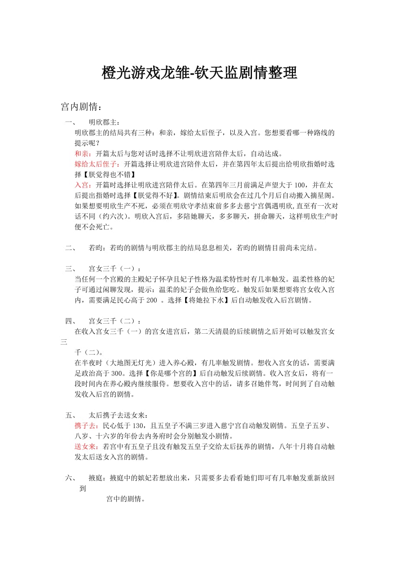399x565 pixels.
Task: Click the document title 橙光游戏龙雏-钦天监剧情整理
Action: point(199,72)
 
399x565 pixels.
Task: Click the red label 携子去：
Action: point(87,425)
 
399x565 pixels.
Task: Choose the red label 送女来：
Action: point(87,446)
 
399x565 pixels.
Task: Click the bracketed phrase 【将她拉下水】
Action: point(204,300)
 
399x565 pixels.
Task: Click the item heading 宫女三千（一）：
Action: point(114,269)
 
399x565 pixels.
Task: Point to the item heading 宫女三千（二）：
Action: point(114,321)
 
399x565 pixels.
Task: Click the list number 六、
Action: point(71,478)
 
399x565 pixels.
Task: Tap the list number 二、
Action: point(71,248)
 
